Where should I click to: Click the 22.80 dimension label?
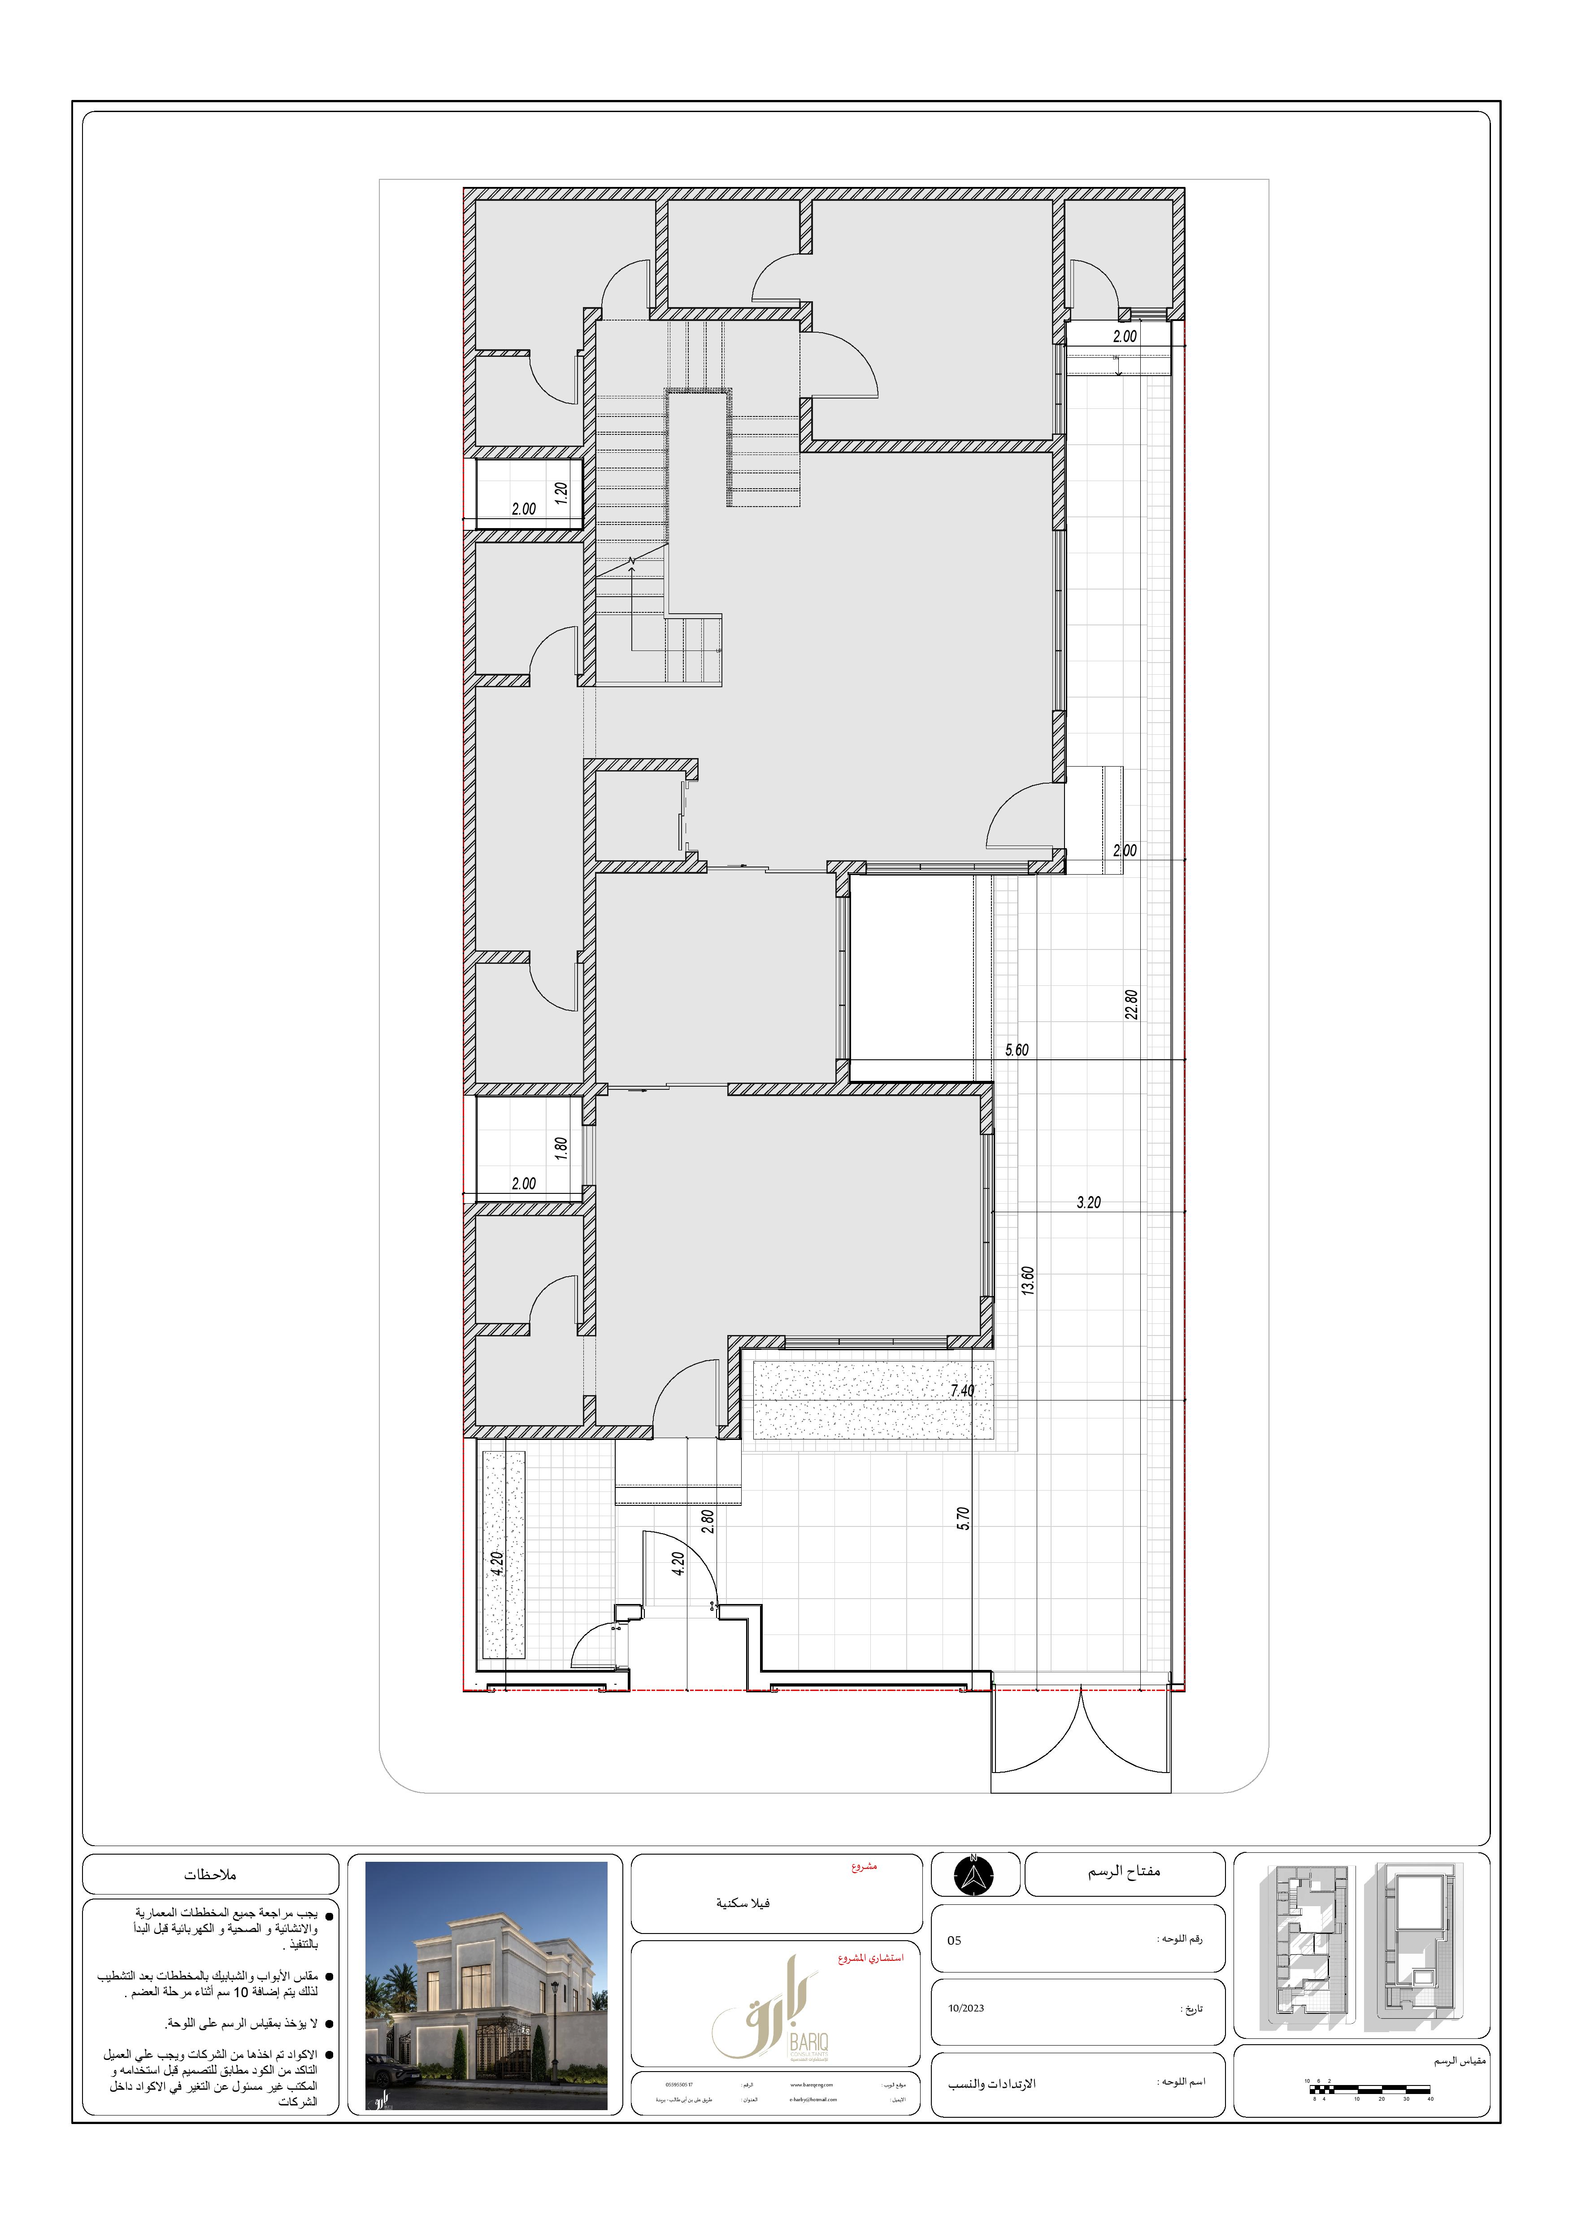(1131, 1005)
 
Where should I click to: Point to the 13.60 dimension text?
(1028, 1280)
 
